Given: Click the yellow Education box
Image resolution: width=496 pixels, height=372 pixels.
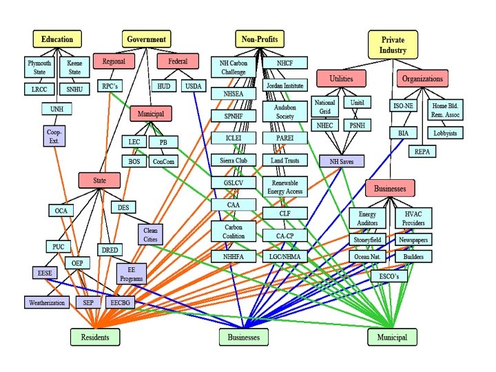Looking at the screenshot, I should click(56, 39).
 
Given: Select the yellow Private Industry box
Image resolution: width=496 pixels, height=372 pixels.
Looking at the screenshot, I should click(393, 44).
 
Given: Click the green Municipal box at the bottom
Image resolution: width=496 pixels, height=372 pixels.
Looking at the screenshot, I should click(391, 337).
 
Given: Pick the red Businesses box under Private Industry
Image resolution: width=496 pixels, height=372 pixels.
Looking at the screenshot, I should click(390, 187).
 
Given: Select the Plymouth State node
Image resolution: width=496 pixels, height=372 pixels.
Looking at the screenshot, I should click(39, 67).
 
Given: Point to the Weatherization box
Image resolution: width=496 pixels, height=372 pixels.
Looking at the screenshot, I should click(47, 302).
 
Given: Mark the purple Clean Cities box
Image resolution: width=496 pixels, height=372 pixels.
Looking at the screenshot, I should click(150, 234).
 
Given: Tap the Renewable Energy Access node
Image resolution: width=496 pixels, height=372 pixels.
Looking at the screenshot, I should click(284, 186).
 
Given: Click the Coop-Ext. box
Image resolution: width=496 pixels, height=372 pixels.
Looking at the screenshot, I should click(54, 135).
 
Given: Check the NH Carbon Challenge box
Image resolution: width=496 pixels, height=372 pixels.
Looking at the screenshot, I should click(233, 67).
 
